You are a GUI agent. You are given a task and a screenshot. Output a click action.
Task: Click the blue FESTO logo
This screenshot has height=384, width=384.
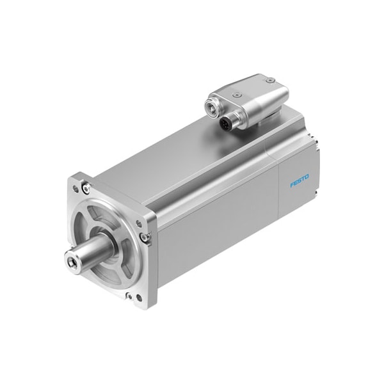coord(299,183)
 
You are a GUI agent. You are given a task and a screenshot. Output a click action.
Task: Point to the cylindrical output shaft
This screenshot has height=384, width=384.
coord(96,246)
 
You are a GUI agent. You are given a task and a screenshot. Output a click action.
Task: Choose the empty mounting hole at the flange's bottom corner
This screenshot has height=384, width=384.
coord(129,295)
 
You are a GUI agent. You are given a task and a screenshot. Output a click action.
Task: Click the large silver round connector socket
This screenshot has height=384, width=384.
coord(214,102)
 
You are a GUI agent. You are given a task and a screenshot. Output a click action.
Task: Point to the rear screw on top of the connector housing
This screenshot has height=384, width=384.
coord(270,81)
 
